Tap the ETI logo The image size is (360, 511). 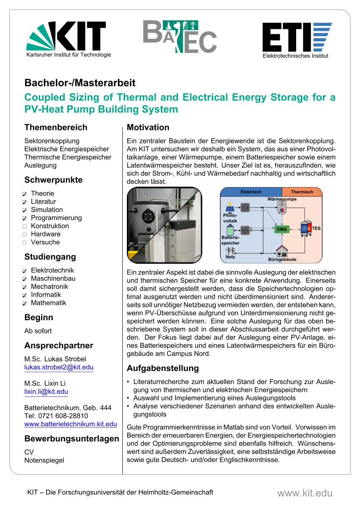pyautogui.click(x=295, y=38)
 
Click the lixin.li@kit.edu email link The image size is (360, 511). pyautogui.click(x=46, y=392)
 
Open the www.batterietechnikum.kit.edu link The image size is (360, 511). pyautogui.click(x=70, y=424)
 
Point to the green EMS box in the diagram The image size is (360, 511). pyautogui.click(x=282, y=229)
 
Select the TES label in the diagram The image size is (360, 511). pyautogui.click(x=316, y=227)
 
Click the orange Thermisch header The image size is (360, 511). pyautogui.click(x=302, y=192)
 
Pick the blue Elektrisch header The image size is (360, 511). pyautogui.click(x=251, y=192)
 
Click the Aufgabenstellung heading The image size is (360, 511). pyautogui.click(x=162, y=368)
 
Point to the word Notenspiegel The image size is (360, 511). pyautogui.click(x=44, y=460)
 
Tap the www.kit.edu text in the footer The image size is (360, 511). pyautogui.click(x=304, y=493)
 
